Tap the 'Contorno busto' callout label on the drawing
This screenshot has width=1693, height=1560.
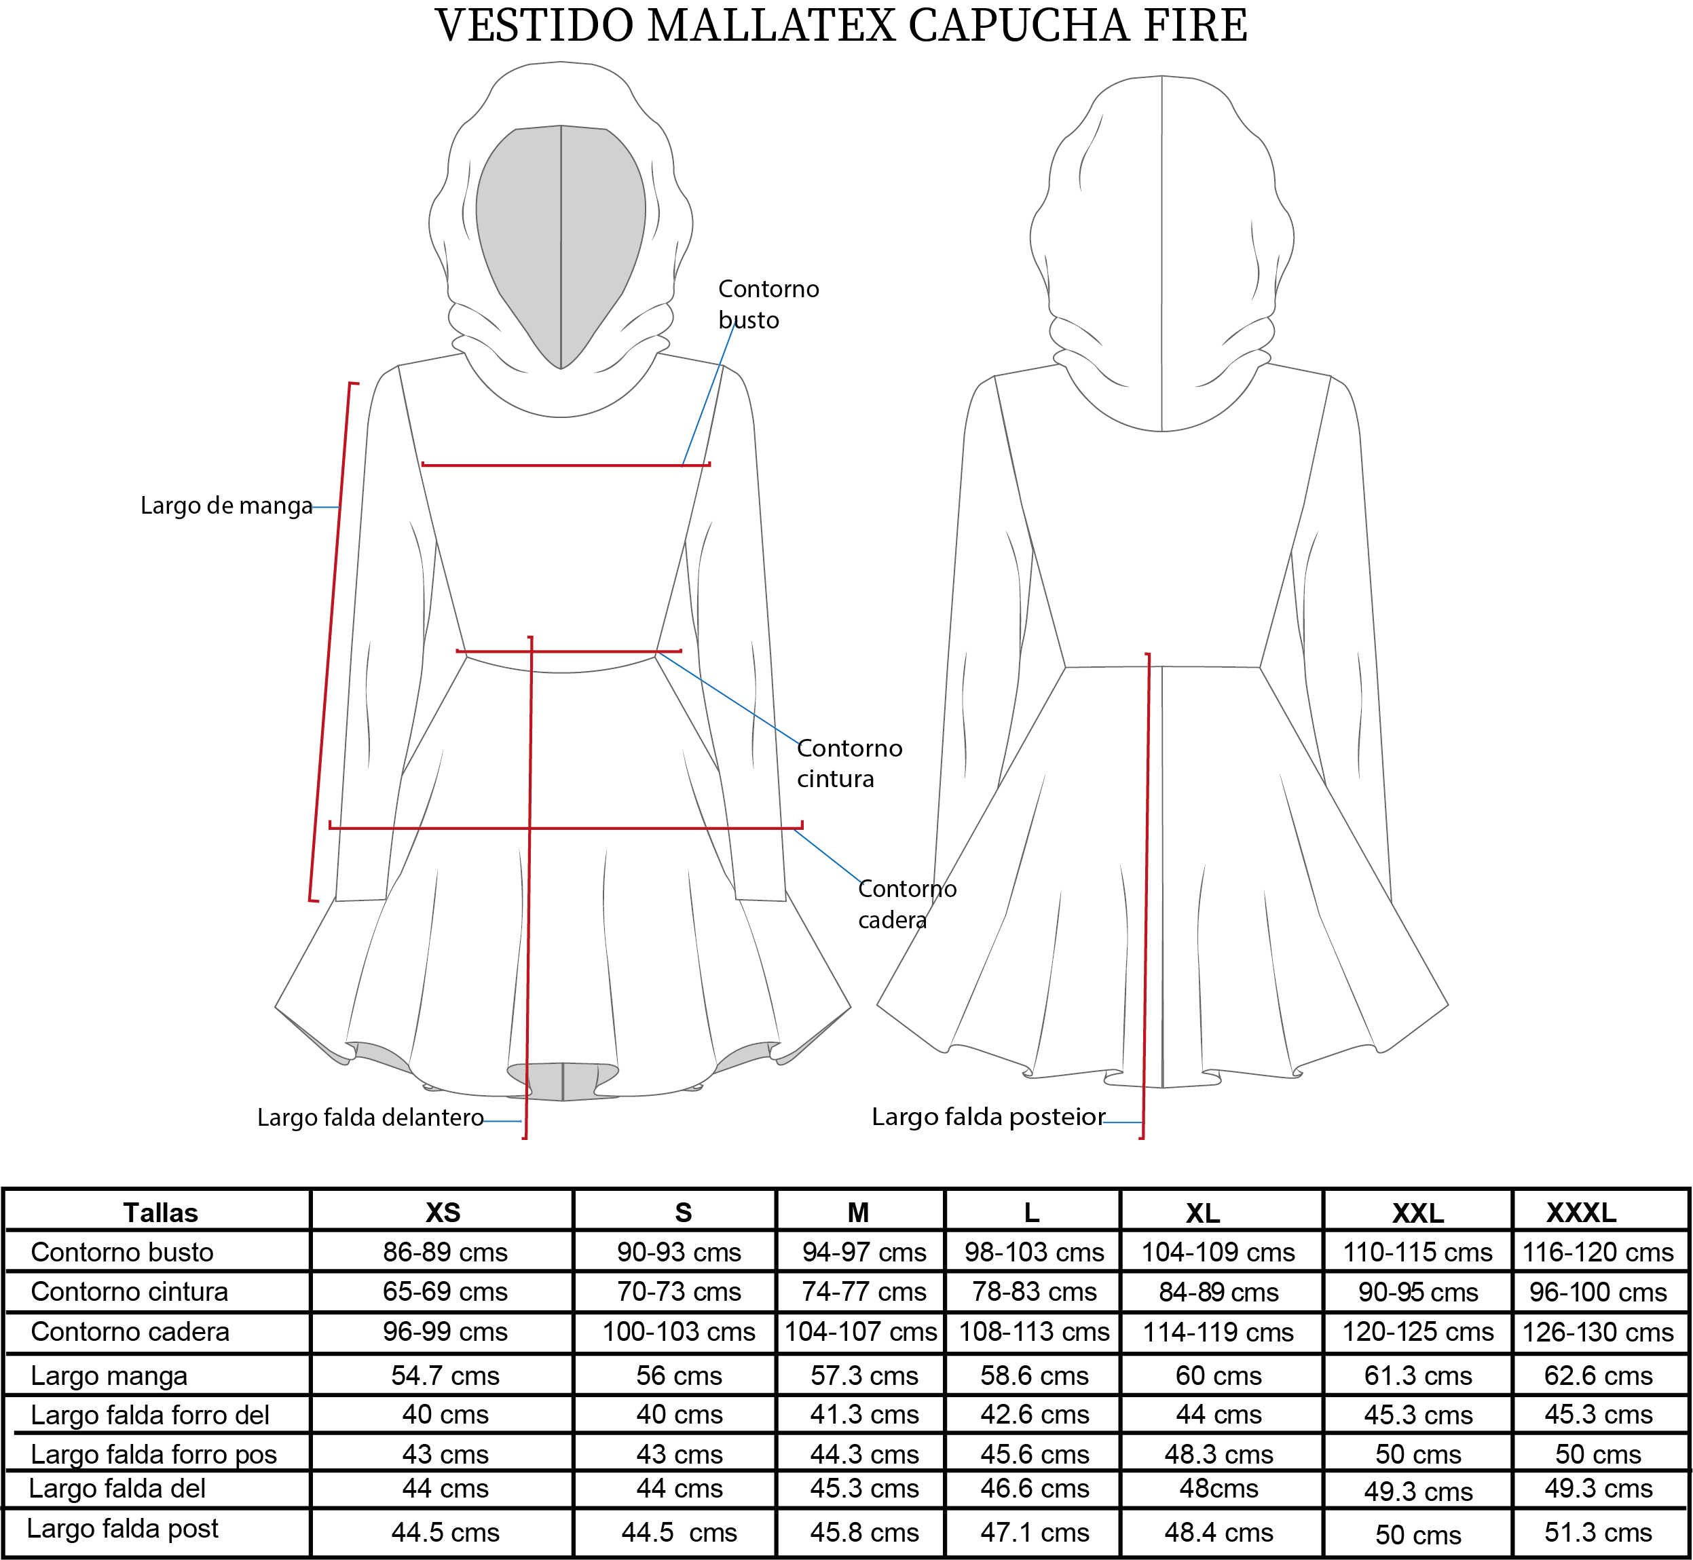click(x=768, y=304)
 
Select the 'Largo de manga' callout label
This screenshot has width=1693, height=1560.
click(x=226, y=506)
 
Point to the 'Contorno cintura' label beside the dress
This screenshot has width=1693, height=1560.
click(x=849, y=763)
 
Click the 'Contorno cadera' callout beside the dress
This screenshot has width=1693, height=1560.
click(x=907, y=903)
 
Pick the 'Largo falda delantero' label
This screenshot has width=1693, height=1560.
click(x=370, y=1118)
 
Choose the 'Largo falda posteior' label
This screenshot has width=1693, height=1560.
click(x=988, y=1117)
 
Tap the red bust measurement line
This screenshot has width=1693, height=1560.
click(x=565, y=464)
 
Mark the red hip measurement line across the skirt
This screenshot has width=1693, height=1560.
click(x=565, y=828)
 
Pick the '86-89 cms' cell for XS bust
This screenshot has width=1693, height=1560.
click(x=445, y=1252)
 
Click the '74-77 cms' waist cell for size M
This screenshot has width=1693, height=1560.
click(x=863, y=1291)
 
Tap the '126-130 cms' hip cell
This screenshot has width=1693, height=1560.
click(x=1597, y=1332)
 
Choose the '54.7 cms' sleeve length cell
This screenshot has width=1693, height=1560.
click(x=445, y=1376)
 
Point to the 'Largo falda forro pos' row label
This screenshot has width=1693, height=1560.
click(x=153, y=1454)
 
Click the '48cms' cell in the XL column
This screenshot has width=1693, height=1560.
click(x=1218, y=1488)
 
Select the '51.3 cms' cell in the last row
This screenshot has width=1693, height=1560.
click(x=1597, y=1532)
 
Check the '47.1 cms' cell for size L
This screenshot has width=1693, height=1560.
click(x=1035, y=1532)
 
